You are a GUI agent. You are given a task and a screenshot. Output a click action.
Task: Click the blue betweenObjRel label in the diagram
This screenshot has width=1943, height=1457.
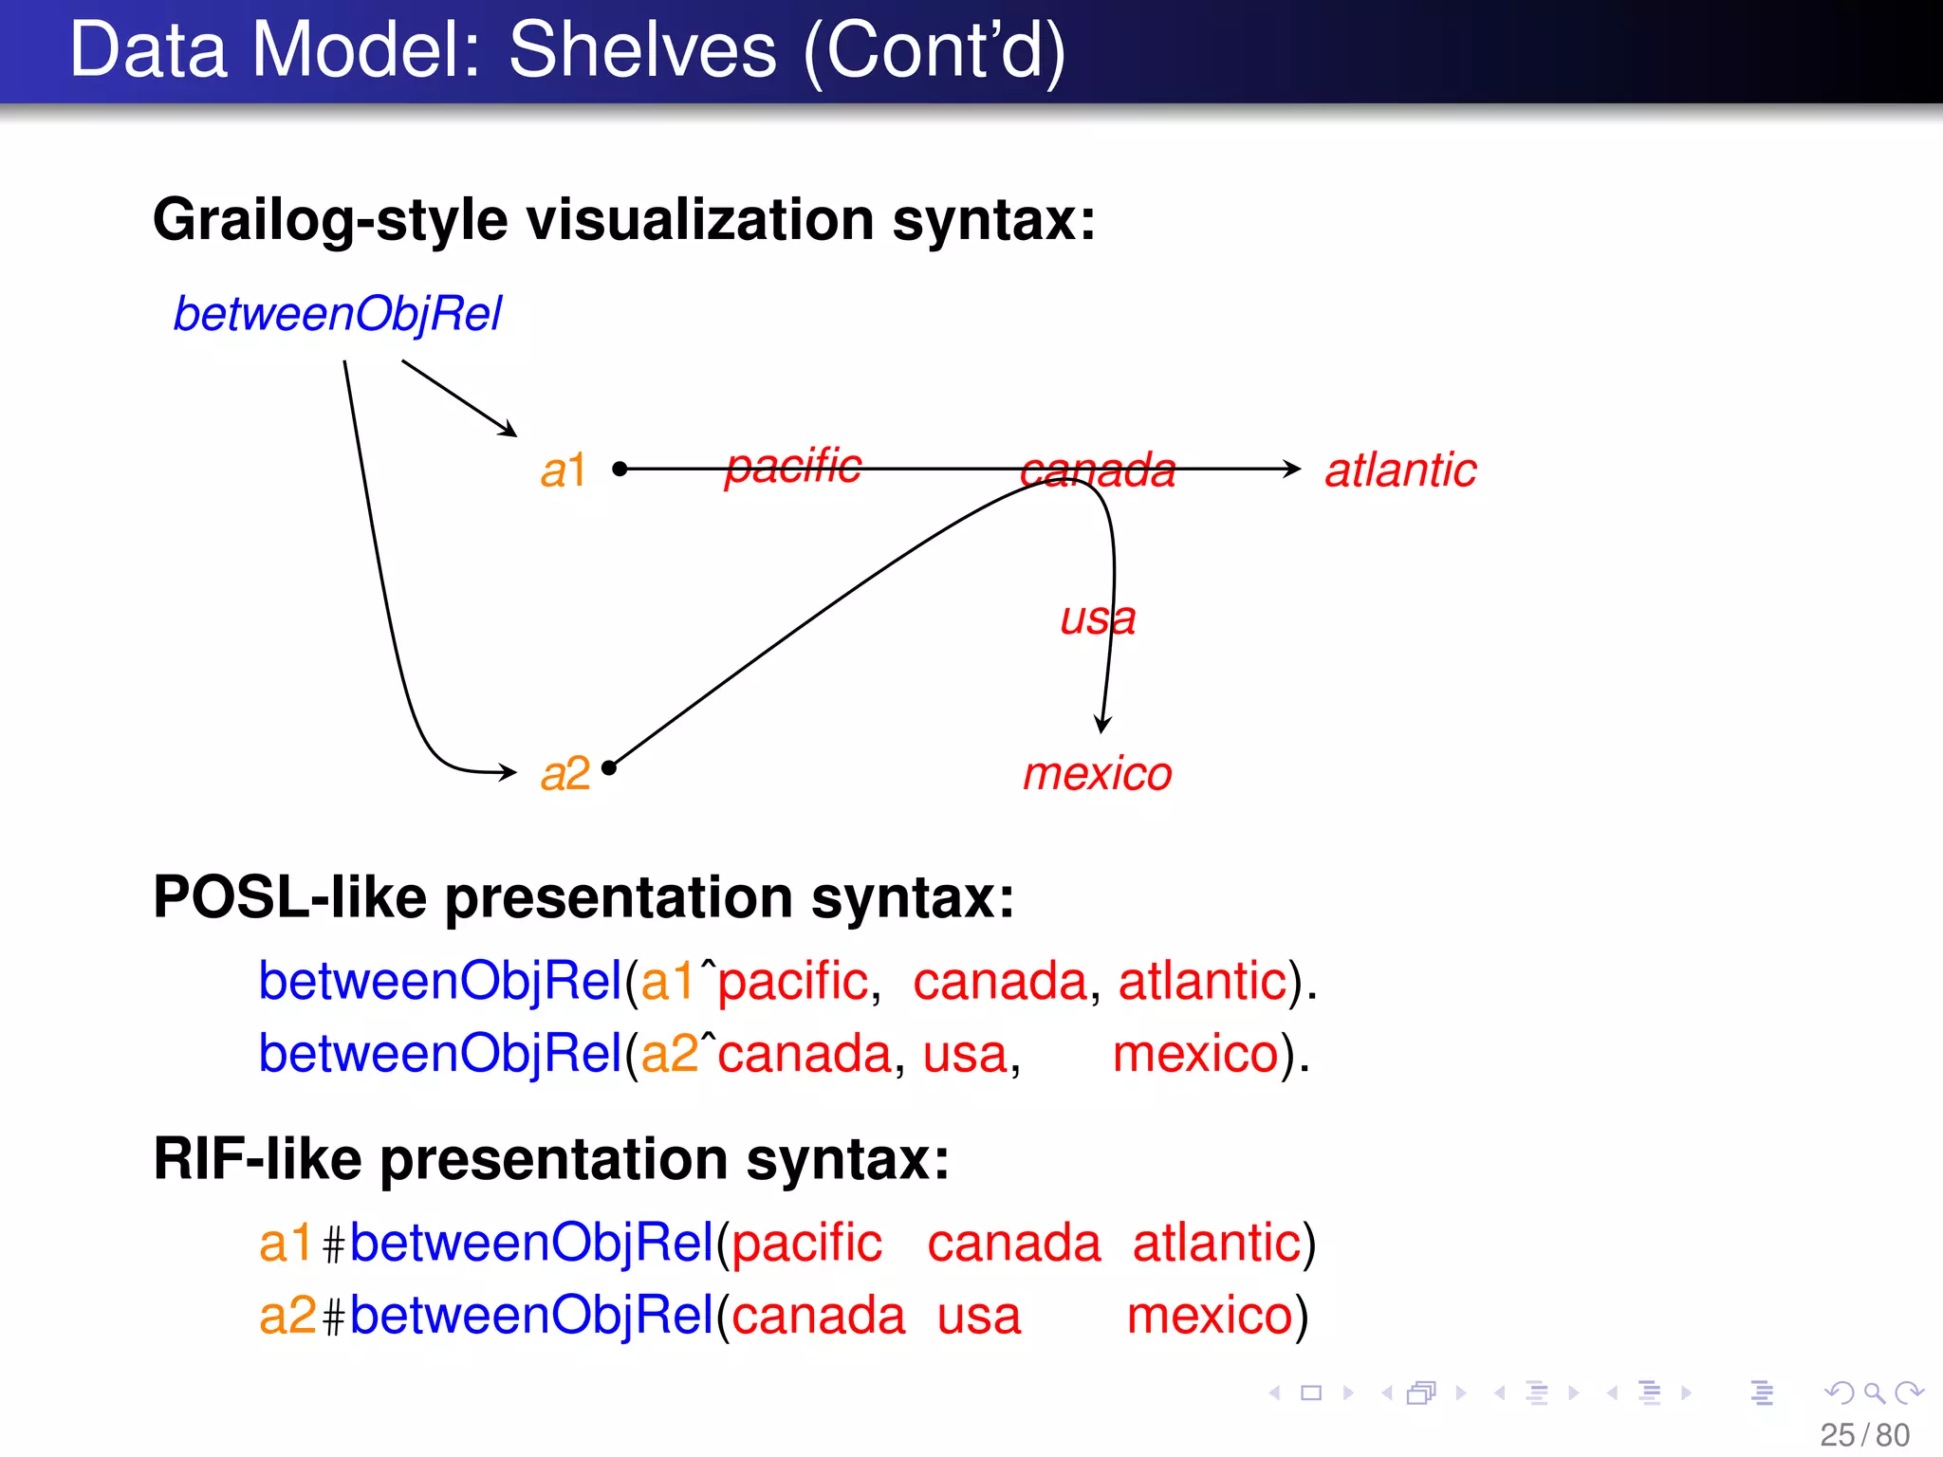[x=337, y=314]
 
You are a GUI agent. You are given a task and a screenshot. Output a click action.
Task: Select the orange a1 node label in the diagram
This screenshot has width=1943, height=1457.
[x=564, y=470]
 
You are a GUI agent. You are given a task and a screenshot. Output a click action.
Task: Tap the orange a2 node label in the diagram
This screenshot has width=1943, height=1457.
[x=565, y=773]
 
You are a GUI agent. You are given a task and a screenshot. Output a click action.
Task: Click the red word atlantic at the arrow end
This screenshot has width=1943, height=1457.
[x=1400, y=470]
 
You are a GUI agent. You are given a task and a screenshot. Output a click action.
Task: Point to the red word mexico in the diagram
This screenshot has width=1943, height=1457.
[x=1098, y=773]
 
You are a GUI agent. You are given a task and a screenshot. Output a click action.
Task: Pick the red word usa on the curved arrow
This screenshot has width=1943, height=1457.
[x=1098, y=618]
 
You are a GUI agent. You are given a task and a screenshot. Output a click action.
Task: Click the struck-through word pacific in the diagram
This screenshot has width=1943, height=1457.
[x=793, y=467]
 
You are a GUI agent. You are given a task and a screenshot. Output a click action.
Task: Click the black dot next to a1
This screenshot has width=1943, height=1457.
[x=620, y=469]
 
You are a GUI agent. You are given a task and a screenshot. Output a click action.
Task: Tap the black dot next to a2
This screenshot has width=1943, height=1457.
[x=609, y=768]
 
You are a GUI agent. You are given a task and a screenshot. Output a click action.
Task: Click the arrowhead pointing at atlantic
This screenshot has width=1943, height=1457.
[x=1292, y=469]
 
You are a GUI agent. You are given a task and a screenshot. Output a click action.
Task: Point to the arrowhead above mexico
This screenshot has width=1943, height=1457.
[x=1102, y=725]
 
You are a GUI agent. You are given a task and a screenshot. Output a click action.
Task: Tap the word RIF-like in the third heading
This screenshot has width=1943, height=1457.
[x=257, y=1158]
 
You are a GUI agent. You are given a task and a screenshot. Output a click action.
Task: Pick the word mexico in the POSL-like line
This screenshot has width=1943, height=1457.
[x=1195, y=1054]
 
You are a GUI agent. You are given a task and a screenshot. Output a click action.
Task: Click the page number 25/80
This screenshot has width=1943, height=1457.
[x=1864, y=1435]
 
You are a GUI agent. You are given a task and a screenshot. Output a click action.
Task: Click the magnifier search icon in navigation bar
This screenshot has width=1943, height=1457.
[x=1874, y=1392]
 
